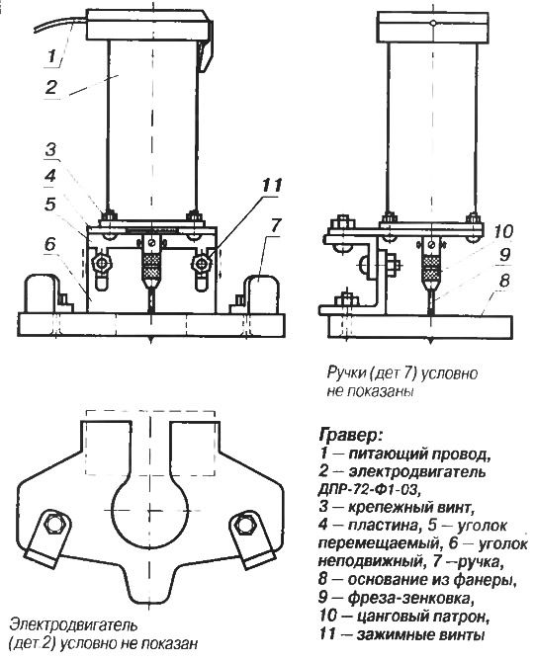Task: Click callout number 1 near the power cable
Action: [51, 55]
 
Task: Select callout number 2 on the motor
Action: [50, 87]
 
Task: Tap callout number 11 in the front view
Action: [272, 185]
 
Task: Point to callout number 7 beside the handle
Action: [275, 225]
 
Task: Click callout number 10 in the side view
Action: [502, 231]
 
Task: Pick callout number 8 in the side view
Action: [504, 281]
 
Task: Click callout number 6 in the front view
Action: [50, 244]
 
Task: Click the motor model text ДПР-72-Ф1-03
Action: [370, 489]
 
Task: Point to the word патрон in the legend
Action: [462, 617]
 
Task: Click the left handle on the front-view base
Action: [42, 293]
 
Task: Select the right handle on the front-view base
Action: [262, 293]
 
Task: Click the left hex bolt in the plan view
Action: [53, 524]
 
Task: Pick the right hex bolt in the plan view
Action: [242, 524]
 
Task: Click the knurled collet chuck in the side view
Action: [431, 266]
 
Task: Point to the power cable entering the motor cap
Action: [59, 22]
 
